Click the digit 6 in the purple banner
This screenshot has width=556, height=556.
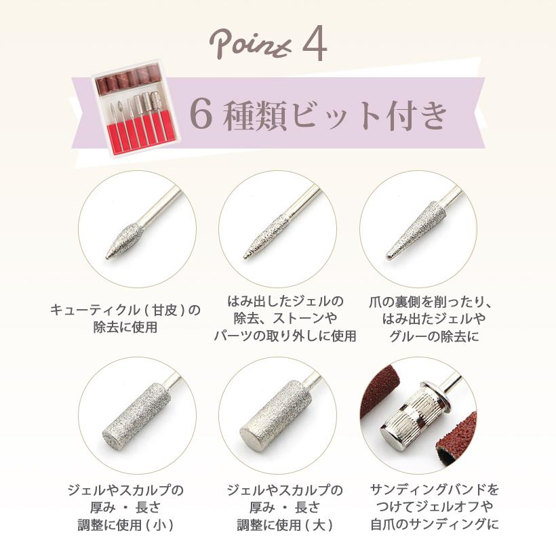point(201,114)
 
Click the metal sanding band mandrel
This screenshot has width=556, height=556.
point(410,413)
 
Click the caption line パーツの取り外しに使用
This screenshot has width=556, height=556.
point(285,336)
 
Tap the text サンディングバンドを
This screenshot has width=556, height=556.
point(435,490)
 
